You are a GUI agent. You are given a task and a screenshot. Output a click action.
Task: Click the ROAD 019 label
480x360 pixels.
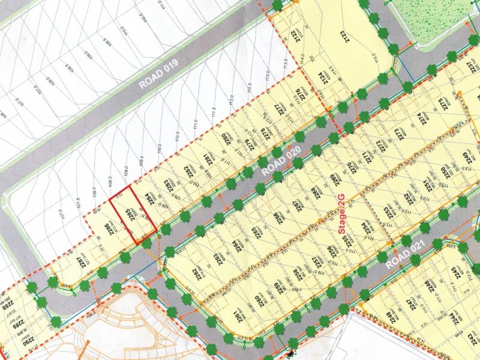point(160,75)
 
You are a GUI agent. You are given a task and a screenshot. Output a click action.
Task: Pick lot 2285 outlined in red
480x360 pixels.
point(133,215)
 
